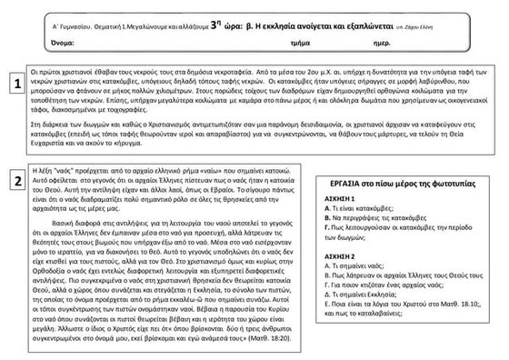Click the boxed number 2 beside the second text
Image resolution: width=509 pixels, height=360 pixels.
pos(16,181)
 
